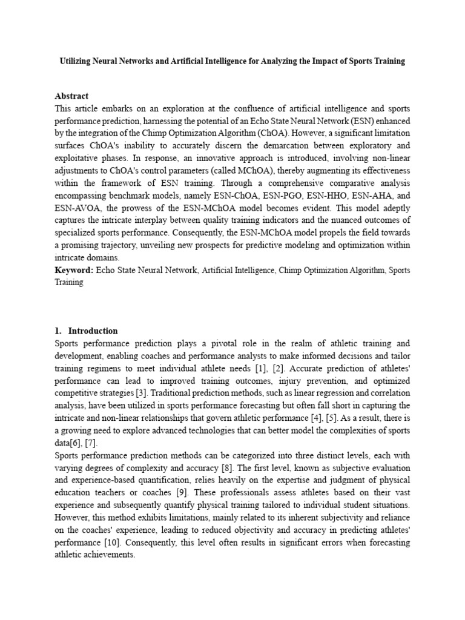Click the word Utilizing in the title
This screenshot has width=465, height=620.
click(x=76, y=61)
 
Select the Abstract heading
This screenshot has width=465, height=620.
click(x=71, y=96)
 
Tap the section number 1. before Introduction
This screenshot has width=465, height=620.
click(x=58, y=331)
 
